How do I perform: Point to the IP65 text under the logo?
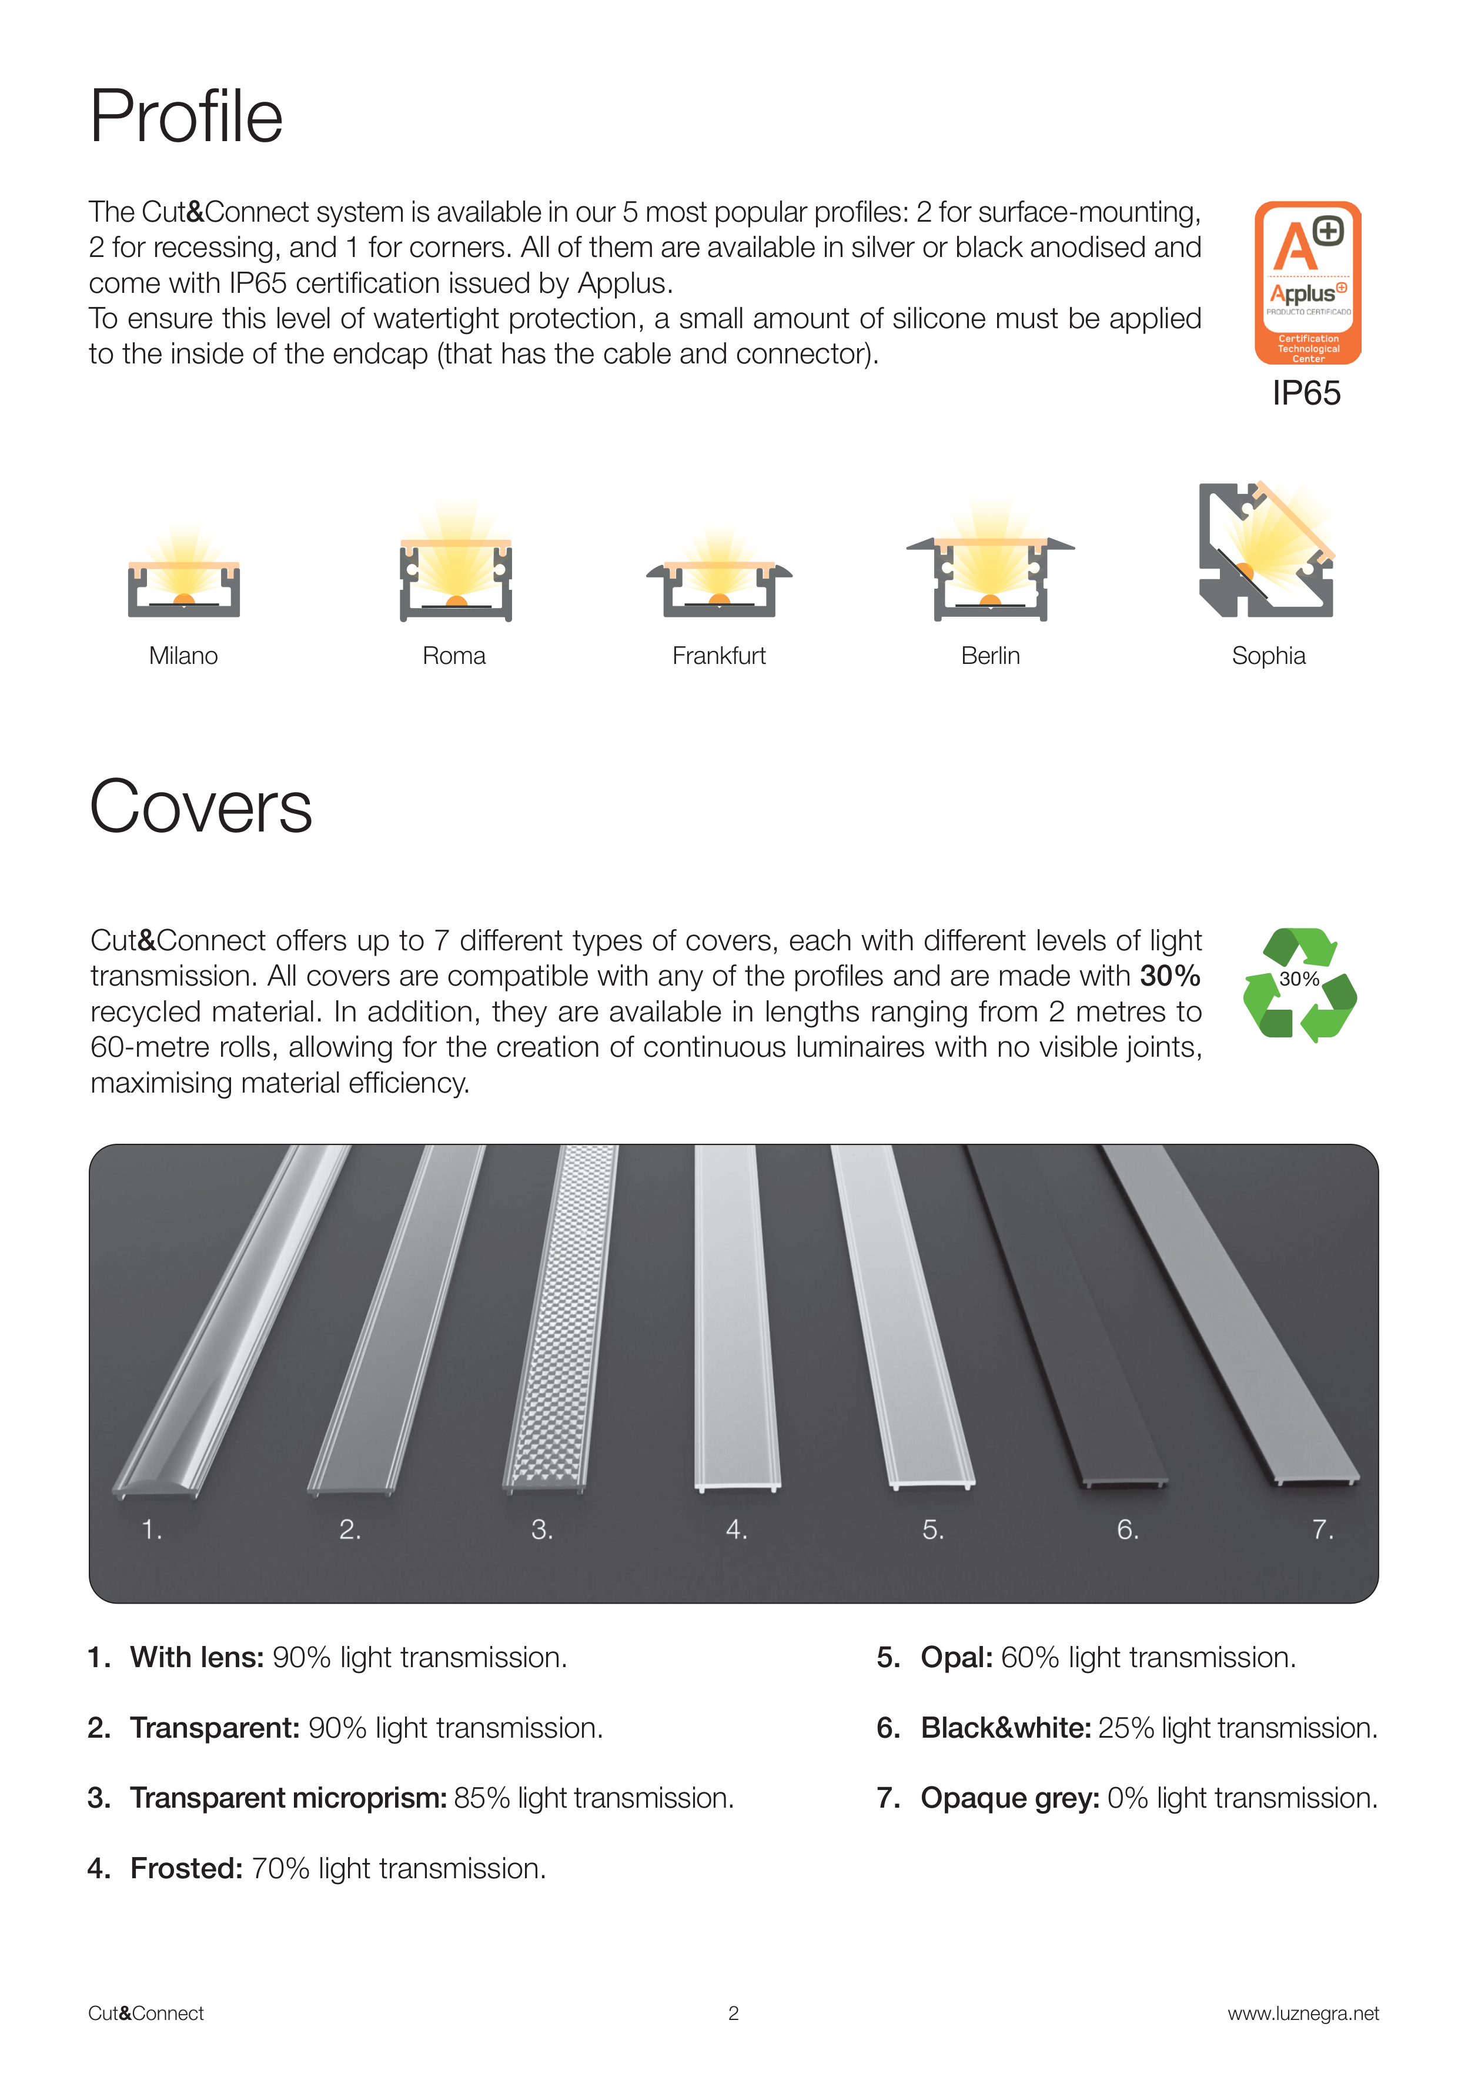click(1306, 393)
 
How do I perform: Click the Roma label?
click(454, 656)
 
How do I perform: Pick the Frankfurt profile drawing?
click(719, 575)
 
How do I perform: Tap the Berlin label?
click(991, 656)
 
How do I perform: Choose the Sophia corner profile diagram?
click(1266, 549)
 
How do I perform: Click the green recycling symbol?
click(1300, 984)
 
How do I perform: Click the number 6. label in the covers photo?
click(1127, 1530)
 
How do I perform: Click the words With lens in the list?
click(197, 1657)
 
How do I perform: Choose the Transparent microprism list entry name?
click(289, 1798)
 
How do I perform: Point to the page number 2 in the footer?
click(734, 2013)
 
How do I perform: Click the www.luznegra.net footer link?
click(1303, 2013)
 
